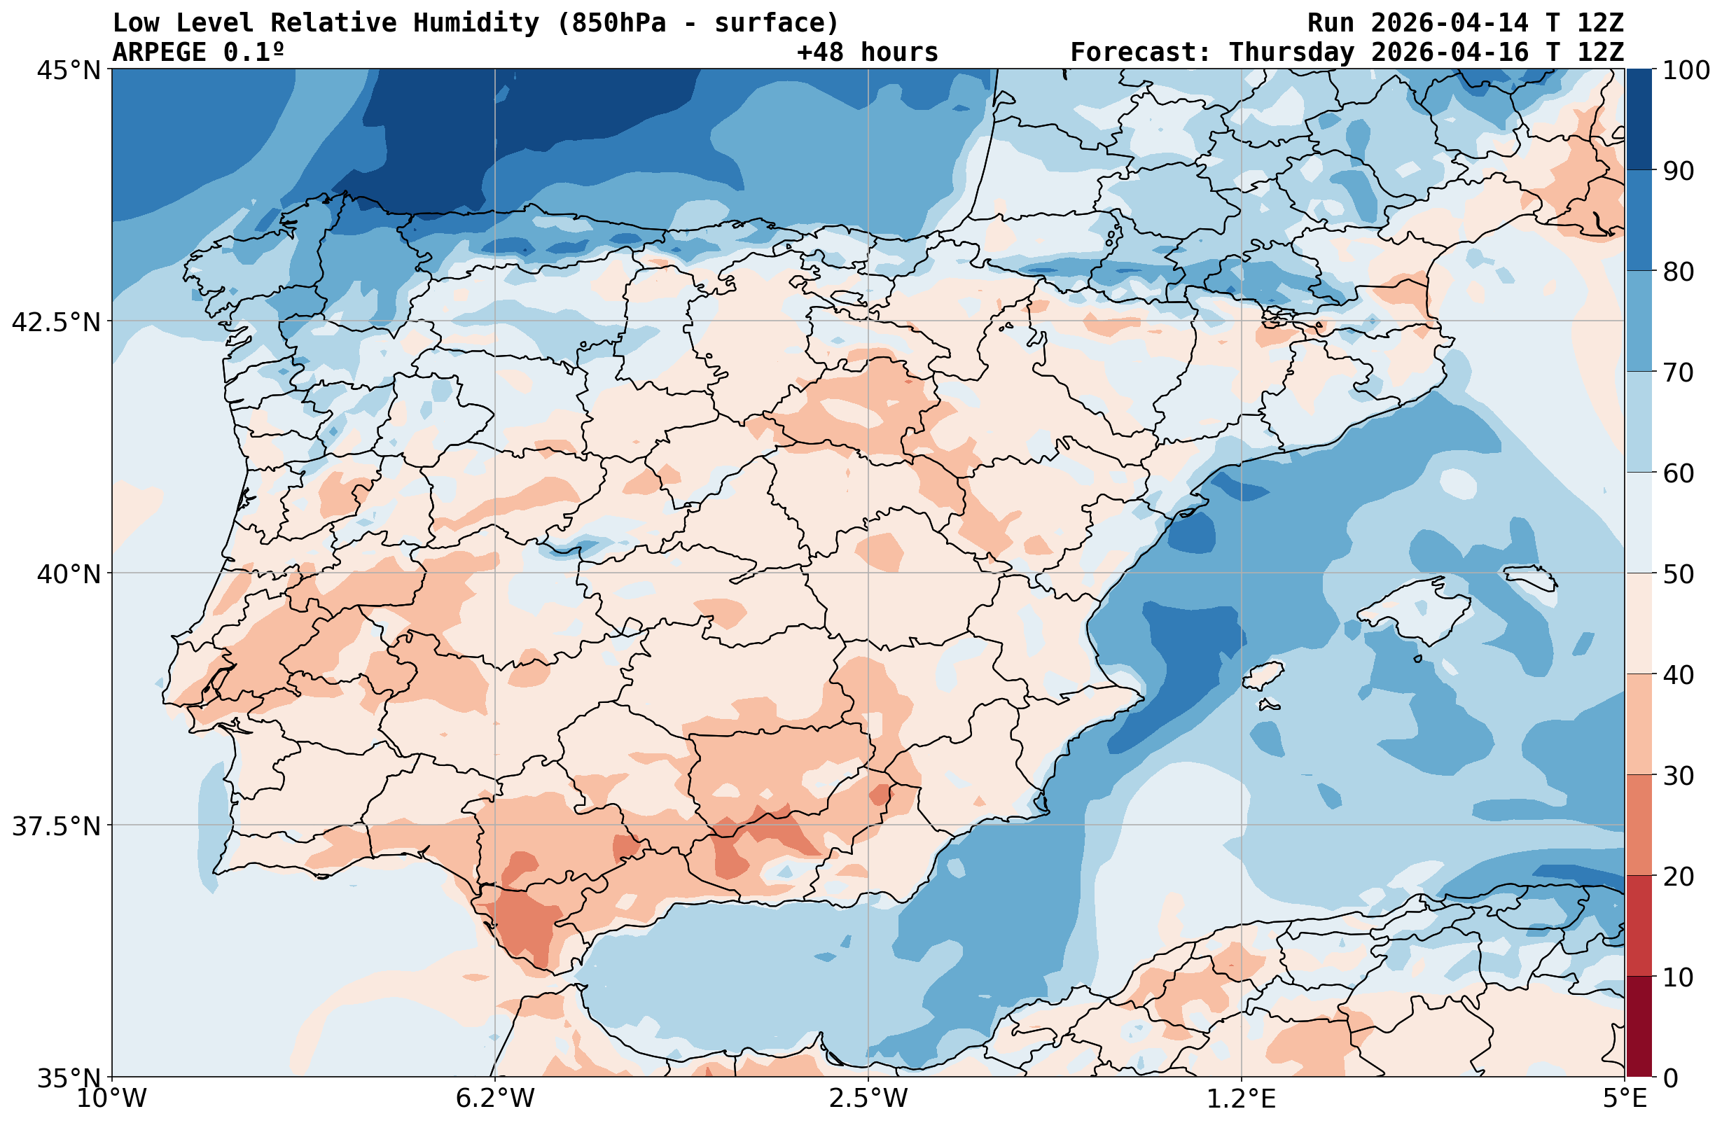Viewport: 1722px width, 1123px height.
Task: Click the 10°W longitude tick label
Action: [x=112, y=1098]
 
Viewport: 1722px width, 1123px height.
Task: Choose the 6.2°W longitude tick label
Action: [x=495, y=1098]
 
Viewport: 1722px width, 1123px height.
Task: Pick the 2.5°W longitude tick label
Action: [x=868, y=1098]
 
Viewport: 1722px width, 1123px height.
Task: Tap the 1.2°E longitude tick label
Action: [x=1242, y=1098]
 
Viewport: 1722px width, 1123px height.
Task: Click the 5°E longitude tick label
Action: [x=1625, y=1098]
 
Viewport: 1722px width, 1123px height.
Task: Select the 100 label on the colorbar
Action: [x=1686, y=71]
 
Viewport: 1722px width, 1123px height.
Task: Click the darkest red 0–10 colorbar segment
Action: [x=1639, y=1028]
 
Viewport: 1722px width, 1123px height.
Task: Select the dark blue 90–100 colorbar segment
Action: [x=1639, y=120]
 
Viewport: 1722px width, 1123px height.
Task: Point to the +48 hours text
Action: [x=868, y=53]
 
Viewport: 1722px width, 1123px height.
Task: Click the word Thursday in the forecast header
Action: [x=1291, y=53]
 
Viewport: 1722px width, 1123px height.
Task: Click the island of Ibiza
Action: [x=1264, y=676]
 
